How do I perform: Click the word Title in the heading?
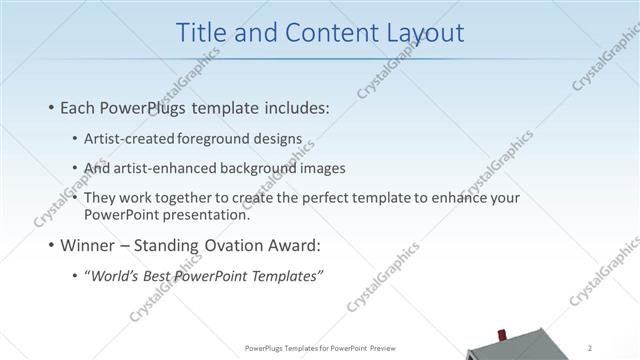201,32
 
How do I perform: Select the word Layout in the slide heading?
425,32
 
